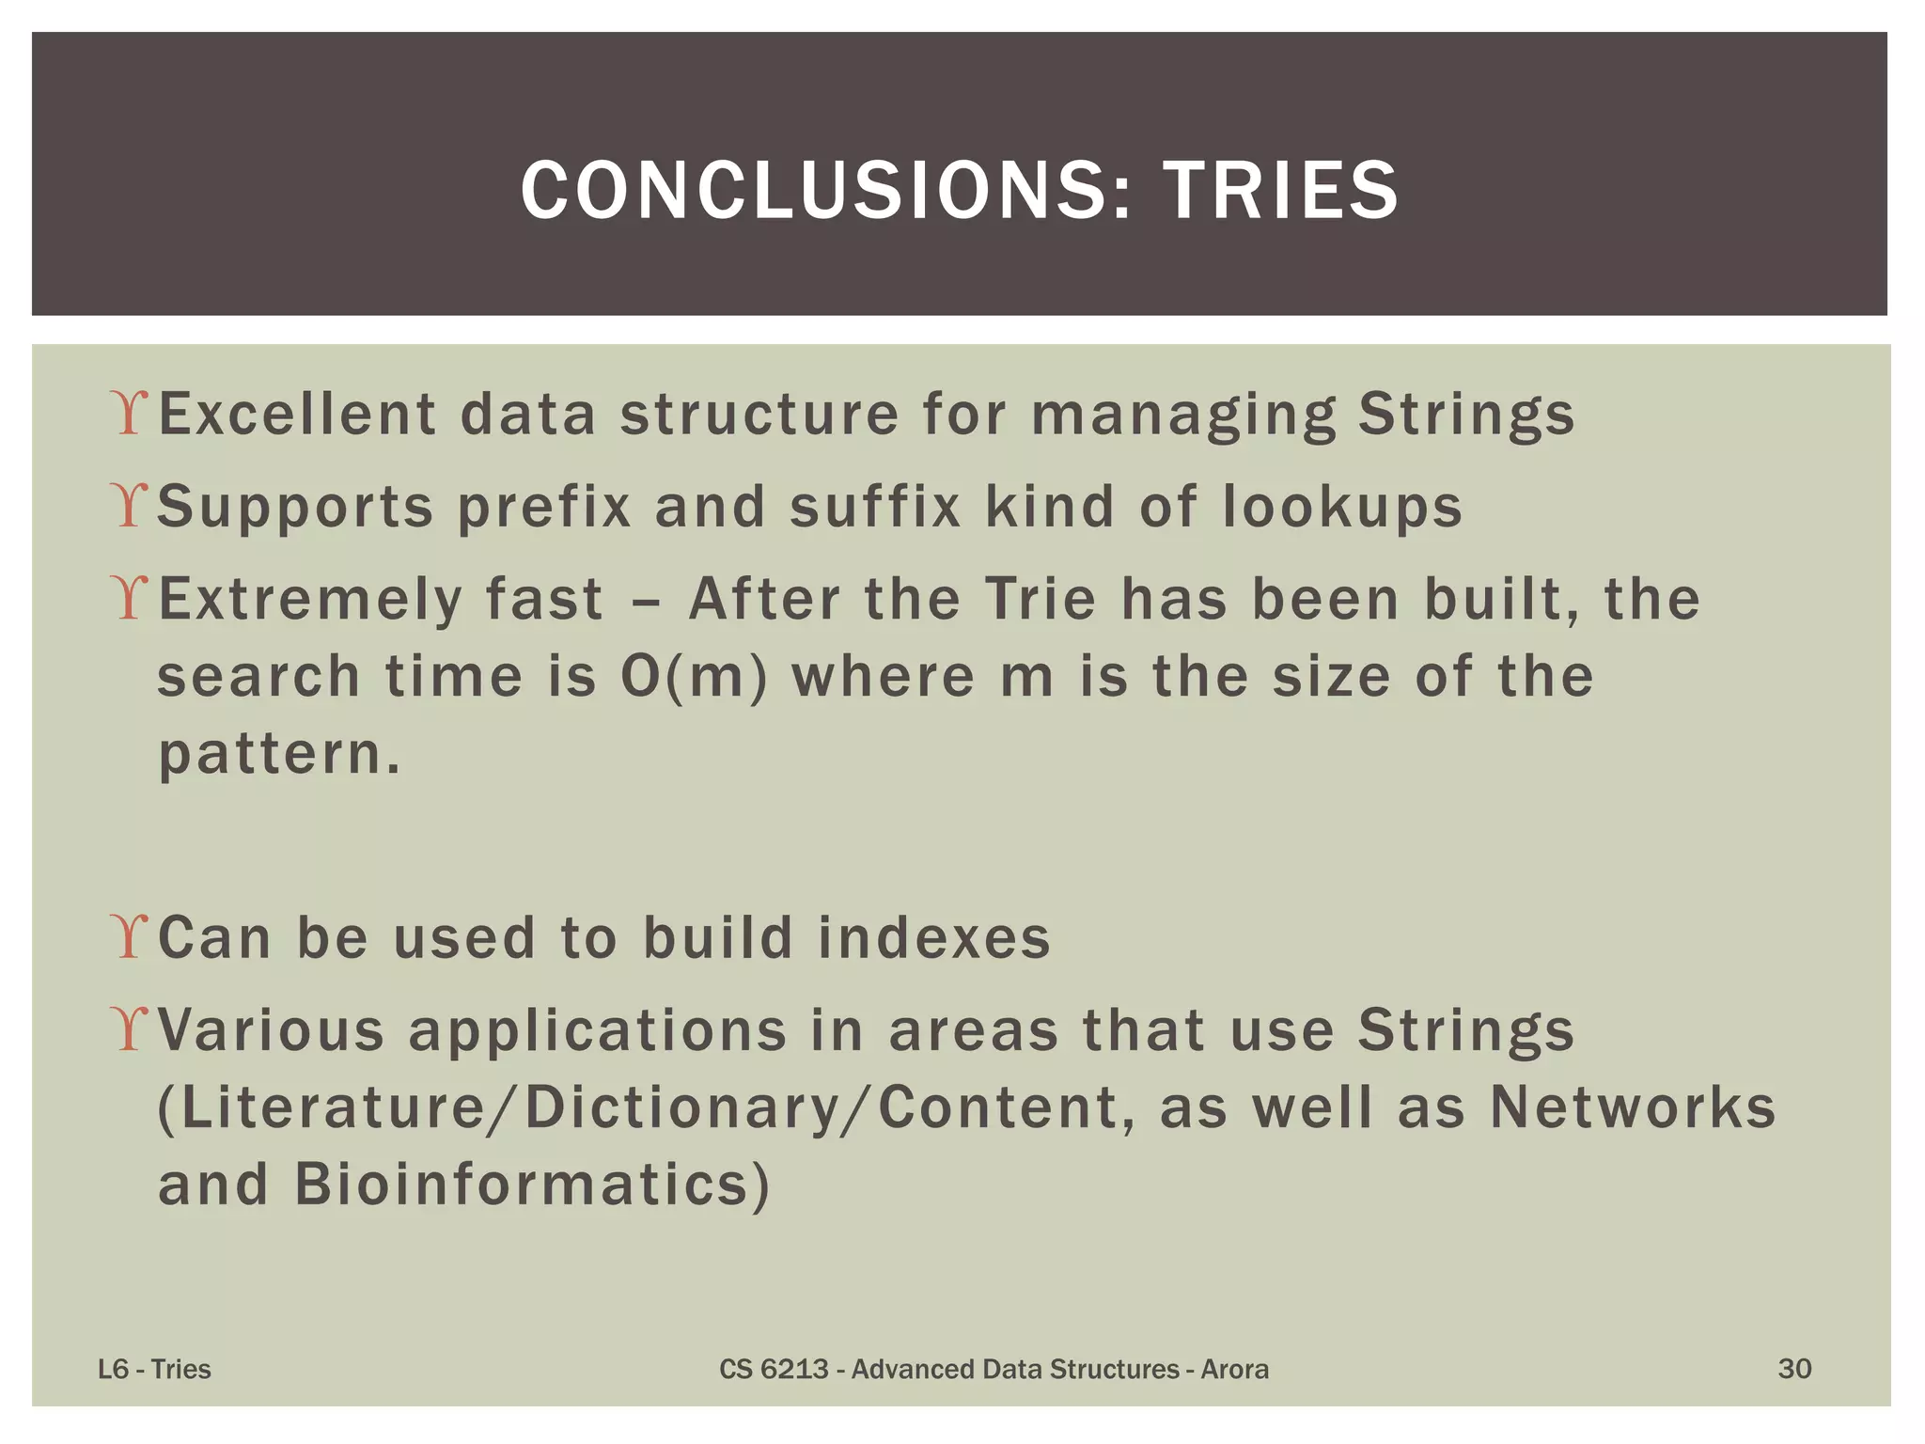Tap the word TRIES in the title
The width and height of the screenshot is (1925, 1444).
1280,191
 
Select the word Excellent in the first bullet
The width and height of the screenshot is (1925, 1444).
297,414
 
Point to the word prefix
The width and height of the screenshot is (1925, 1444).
544,508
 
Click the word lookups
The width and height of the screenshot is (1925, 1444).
1342,508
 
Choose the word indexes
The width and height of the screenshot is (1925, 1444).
933,937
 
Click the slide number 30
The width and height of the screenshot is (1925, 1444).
1794,1369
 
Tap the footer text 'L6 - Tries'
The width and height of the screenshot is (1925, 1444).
154,1369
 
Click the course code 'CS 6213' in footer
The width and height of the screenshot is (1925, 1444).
774,1369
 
